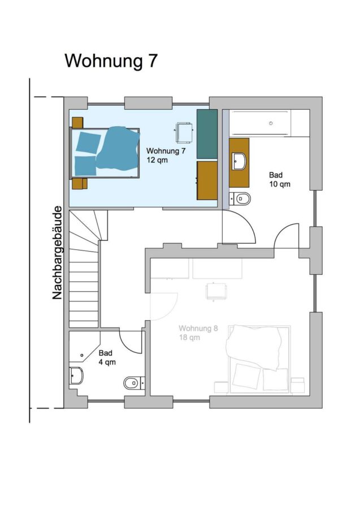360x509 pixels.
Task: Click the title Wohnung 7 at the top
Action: click(x=111, y=61)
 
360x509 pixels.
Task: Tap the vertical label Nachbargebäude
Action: click(x=57, y=253)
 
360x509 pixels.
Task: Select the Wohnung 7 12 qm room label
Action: click(x=166, y=155)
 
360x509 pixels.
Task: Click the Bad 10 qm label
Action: click(x=279, y=179)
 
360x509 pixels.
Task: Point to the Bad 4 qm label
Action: click(x=107, y=357)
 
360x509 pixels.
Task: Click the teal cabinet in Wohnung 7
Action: click(x=207, y=134)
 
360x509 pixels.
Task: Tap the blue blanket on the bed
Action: click(x=118, y=148)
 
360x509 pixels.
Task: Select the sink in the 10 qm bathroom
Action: click(x=240, y=161)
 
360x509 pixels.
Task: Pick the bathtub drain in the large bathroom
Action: click(x=271, y=123)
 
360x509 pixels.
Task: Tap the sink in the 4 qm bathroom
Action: click(x=76, y=376)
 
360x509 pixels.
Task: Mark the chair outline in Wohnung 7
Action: click(x=184, y=132)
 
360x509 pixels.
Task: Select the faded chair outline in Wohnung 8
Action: click(x=216, y=291)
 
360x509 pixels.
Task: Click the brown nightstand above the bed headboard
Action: click(x=77, y=123)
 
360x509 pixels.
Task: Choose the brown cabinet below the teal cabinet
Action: click(x=207, y=180)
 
